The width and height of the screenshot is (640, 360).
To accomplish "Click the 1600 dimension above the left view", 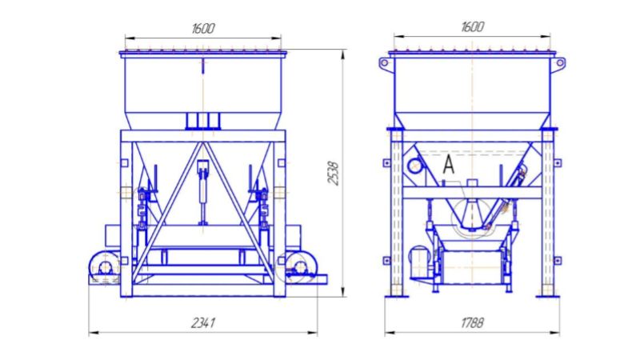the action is coord(203,29).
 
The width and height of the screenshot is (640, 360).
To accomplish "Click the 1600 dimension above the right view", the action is coord(473,27).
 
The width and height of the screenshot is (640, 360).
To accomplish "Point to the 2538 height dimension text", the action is coord(334,174).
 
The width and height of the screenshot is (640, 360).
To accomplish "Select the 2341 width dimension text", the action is coord(203,323).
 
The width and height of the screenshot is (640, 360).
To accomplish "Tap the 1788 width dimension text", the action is coord(473,323).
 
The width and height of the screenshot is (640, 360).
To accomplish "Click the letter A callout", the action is coord(449,166).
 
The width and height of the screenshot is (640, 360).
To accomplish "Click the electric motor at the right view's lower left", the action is coord(419,261).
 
